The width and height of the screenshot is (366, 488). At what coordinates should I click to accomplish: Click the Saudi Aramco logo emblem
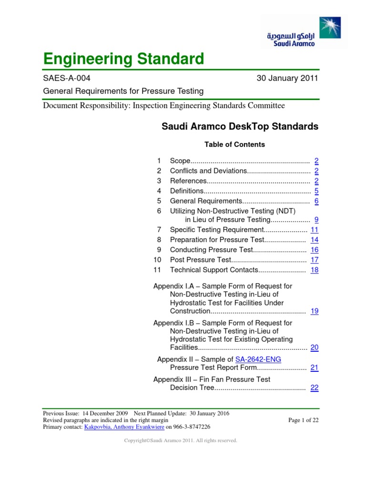[x=330, y=27]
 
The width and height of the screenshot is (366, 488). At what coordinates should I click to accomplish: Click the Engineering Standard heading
[x=123, y=59]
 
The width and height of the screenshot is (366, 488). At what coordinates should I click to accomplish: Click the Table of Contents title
[x=234, y=144]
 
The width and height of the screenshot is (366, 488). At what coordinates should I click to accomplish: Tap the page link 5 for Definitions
[x=316, y=191]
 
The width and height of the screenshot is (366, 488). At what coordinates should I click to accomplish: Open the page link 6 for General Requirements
[x=316, y=201]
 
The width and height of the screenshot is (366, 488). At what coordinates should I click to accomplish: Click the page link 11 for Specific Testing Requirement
[x=315, y=230]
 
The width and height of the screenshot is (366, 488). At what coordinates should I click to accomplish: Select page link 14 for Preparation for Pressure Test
[x=315, y=240]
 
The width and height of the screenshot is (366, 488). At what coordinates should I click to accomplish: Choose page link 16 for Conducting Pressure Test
[x=315, y=250]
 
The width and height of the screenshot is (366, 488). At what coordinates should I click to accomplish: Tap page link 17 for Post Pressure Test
[x=315, y=260]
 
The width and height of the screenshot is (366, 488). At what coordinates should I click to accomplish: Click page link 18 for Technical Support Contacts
[x=315, y=270]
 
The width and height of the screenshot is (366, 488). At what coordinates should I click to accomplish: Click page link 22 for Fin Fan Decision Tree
[x=315, y=388]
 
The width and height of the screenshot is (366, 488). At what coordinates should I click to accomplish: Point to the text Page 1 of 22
[x=304, y=420]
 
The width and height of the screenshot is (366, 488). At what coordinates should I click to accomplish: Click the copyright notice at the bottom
[x=181, y=441]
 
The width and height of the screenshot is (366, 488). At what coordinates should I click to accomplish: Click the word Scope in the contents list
[x=180, y=161]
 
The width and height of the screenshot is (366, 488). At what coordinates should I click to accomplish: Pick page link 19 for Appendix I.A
[x=315, y=311]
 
